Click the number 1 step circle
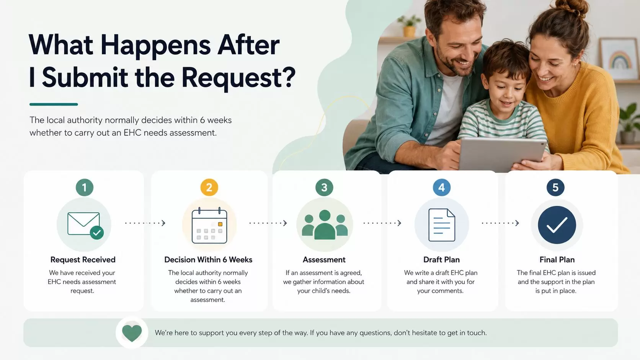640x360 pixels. [85, 187]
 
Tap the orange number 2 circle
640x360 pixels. [209, 187]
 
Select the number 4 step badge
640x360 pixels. [441, 187]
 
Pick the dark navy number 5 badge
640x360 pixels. [555, 187]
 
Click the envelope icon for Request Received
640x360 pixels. [85, 225]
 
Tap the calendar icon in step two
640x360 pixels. [209, 226]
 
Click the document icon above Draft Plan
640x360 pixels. [442, 225]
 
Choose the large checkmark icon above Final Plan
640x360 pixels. [557, 225]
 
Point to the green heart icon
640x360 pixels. [132, 333]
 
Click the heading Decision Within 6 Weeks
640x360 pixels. [208, 259]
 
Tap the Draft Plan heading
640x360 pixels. [441, 259]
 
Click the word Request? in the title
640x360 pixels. [238, 77]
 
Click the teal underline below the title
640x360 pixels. [54, 104]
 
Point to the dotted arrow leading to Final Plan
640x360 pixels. [500, 223]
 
